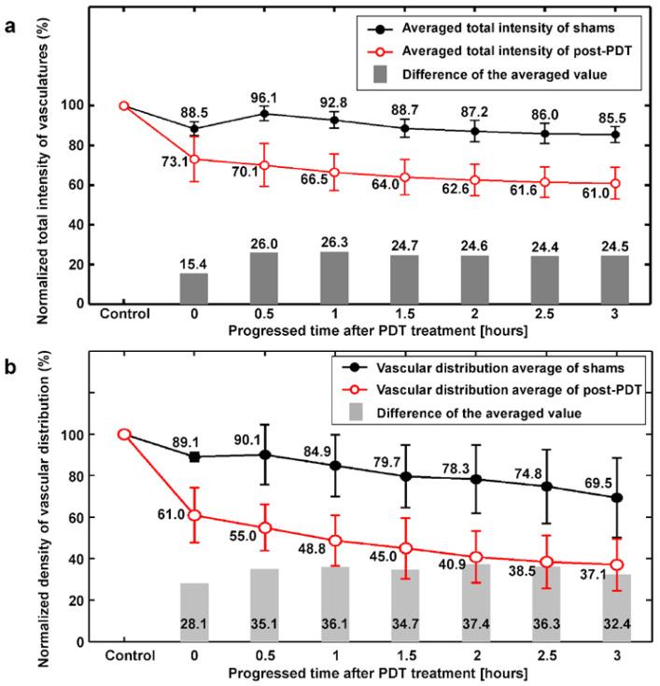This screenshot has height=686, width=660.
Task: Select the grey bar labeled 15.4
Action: click(194, 288)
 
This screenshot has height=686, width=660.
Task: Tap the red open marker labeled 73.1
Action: click(194, 160)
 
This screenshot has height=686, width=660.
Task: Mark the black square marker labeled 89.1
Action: click(194, 456)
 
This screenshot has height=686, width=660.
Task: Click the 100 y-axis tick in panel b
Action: click(95, 435)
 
